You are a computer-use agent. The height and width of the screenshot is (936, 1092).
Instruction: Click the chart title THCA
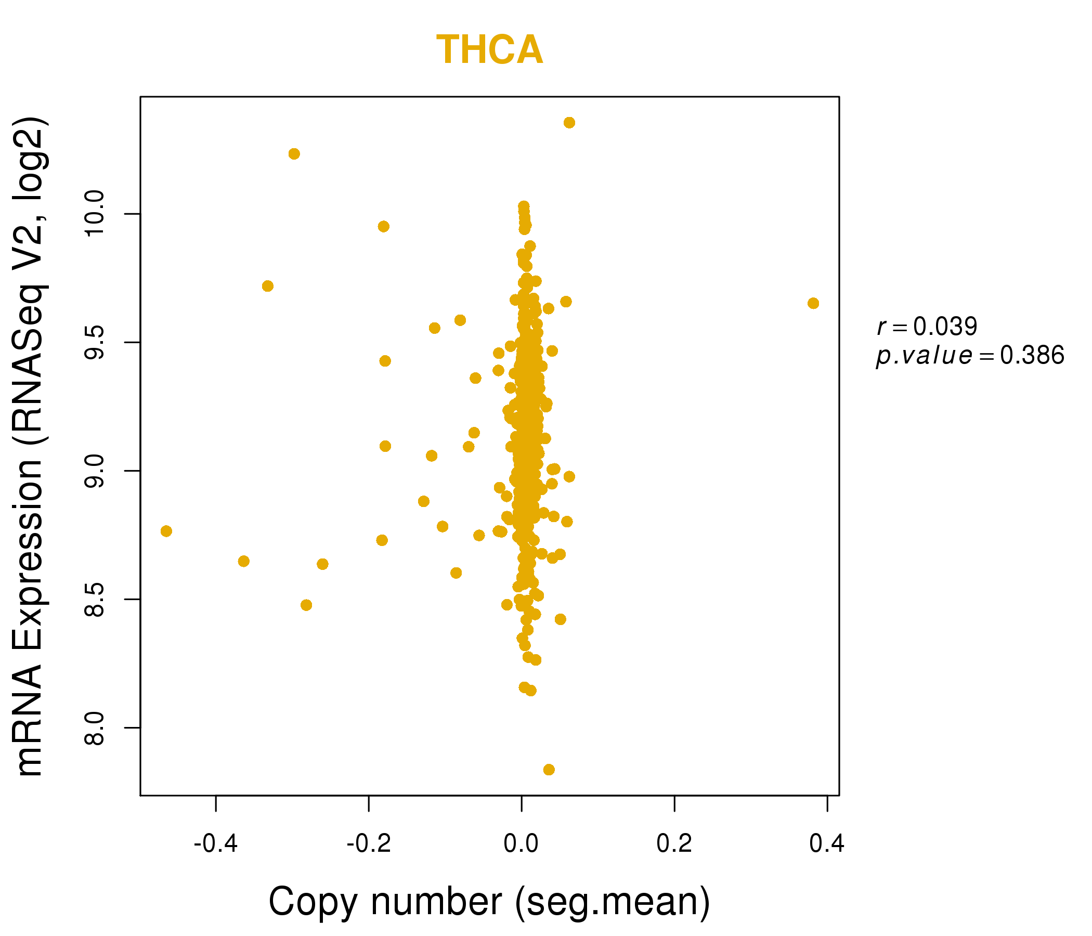(x=489, y=50)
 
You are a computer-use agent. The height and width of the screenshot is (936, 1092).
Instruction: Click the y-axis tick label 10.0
(x=95, y=214)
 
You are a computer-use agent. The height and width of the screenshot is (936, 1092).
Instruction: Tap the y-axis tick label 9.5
(x=95, y=343)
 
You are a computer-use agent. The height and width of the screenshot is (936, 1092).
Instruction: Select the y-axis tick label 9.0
(x=95, y=471)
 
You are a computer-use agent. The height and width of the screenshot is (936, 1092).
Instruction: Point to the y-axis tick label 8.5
(x=95, y=599)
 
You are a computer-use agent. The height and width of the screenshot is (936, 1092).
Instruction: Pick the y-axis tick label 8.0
(x=95, y=728)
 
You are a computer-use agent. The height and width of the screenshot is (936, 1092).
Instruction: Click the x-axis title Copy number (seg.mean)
(x=489, y=902)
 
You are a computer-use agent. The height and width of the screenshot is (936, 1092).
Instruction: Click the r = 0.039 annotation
(x=927, y=327)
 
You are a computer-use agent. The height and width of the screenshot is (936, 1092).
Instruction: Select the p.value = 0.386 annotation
(x=970, y=356)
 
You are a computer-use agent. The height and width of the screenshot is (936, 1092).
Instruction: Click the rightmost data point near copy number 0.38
(x=813, y=303)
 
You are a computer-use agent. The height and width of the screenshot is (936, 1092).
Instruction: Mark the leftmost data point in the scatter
(x=166, y=531)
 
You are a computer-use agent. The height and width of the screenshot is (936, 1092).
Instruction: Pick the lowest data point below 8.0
(x=549, y=770)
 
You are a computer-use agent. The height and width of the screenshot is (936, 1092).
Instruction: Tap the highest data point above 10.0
(x=569, y=123)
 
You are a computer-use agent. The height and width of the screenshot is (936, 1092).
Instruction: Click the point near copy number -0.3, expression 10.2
(x=294, y=154)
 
